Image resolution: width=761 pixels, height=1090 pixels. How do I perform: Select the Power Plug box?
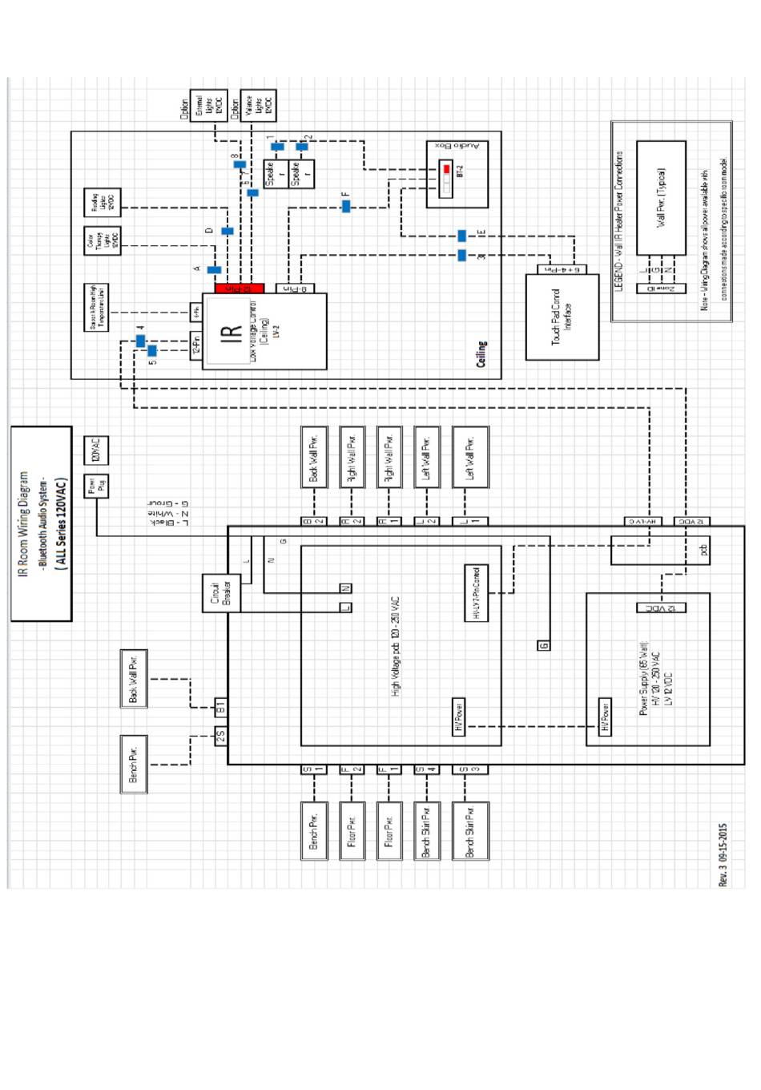tap(96, 486)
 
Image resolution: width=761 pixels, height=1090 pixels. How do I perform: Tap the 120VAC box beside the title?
tap(96, 450)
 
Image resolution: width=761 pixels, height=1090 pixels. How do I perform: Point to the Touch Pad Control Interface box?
tap(562, 317)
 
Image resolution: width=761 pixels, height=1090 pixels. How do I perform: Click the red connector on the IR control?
tap(239, 289)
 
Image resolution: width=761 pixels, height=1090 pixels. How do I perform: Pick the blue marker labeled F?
tap(346, 206)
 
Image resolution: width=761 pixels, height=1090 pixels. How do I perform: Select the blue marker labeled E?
tap(462, 236)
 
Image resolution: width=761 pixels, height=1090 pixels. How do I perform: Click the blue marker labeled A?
tap(214, 270)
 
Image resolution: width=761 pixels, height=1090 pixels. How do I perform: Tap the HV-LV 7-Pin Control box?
tap(477, 593)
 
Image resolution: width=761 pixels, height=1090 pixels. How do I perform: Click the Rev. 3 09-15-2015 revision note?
tap(723, 854)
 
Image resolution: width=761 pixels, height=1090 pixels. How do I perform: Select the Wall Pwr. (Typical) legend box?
tap(661, 198)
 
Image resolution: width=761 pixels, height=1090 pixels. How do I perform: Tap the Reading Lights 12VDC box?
tap(103, 203)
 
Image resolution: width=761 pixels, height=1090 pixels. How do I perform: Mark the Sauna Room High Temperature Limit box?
tap(96, 308)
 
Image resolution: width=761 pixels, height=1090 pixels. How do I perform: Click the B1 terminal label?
tap(221, 707)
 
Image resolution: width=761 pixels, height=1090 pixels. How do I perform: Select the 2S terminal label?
tap(221, 735)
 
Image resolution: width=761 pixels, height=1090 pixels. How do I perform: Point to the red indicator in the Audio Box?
tap(447, 170)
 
